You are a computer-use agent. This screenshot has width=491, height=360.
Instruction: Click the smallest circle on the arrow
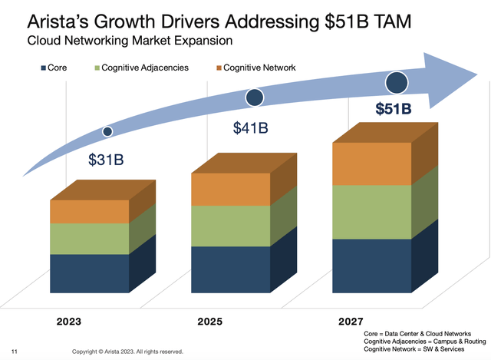pyautogui.click(x=107, y=132)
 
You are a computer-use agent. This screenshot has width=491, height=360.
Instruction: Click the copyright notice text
pyautogui.click(x=127, y=352)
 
